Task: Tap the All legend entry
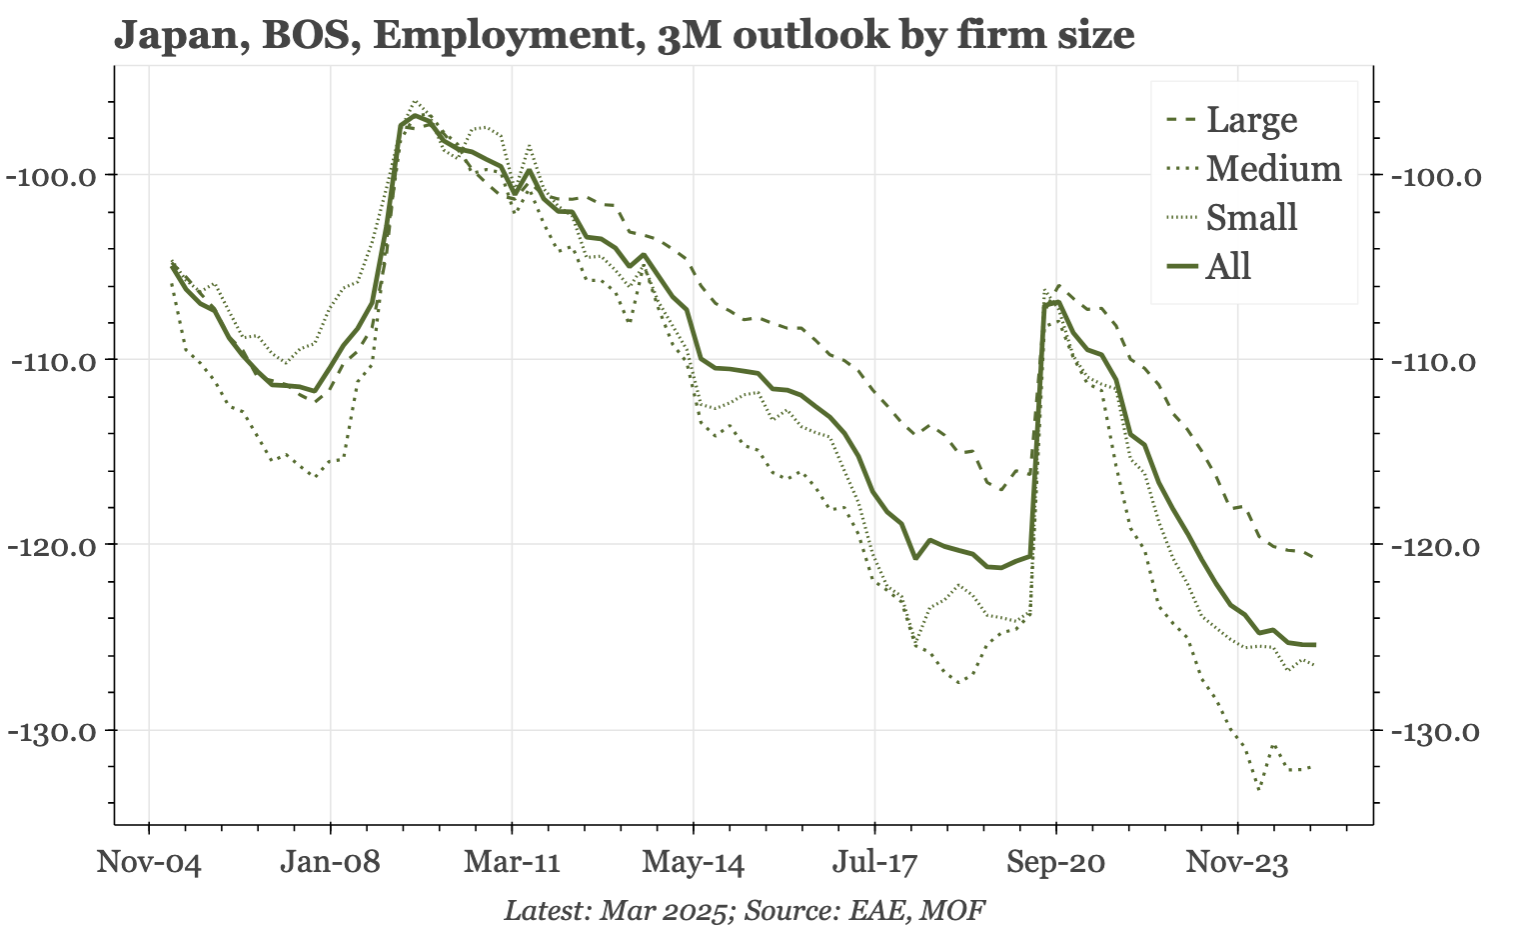pyautogui.click(x=1228, y=267)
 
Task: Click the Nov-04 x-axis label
pyautogui.click(x=149, y=863)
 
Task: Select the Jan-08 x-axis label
pyautogui.click(x=330, y=863)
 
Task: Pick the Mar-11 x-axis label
pyautogui.click(x=512, y=863)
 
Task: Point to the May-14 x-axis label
pyautogui.click(x=694, y=863)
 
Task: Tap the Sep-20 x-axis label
pyautogui.click(x=1056, y=863)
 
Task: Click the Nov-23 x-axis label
pyautogui.click(x=1237, y=863)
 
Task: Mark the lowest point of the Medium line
pyautogui.click(x=1258, y=789)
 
